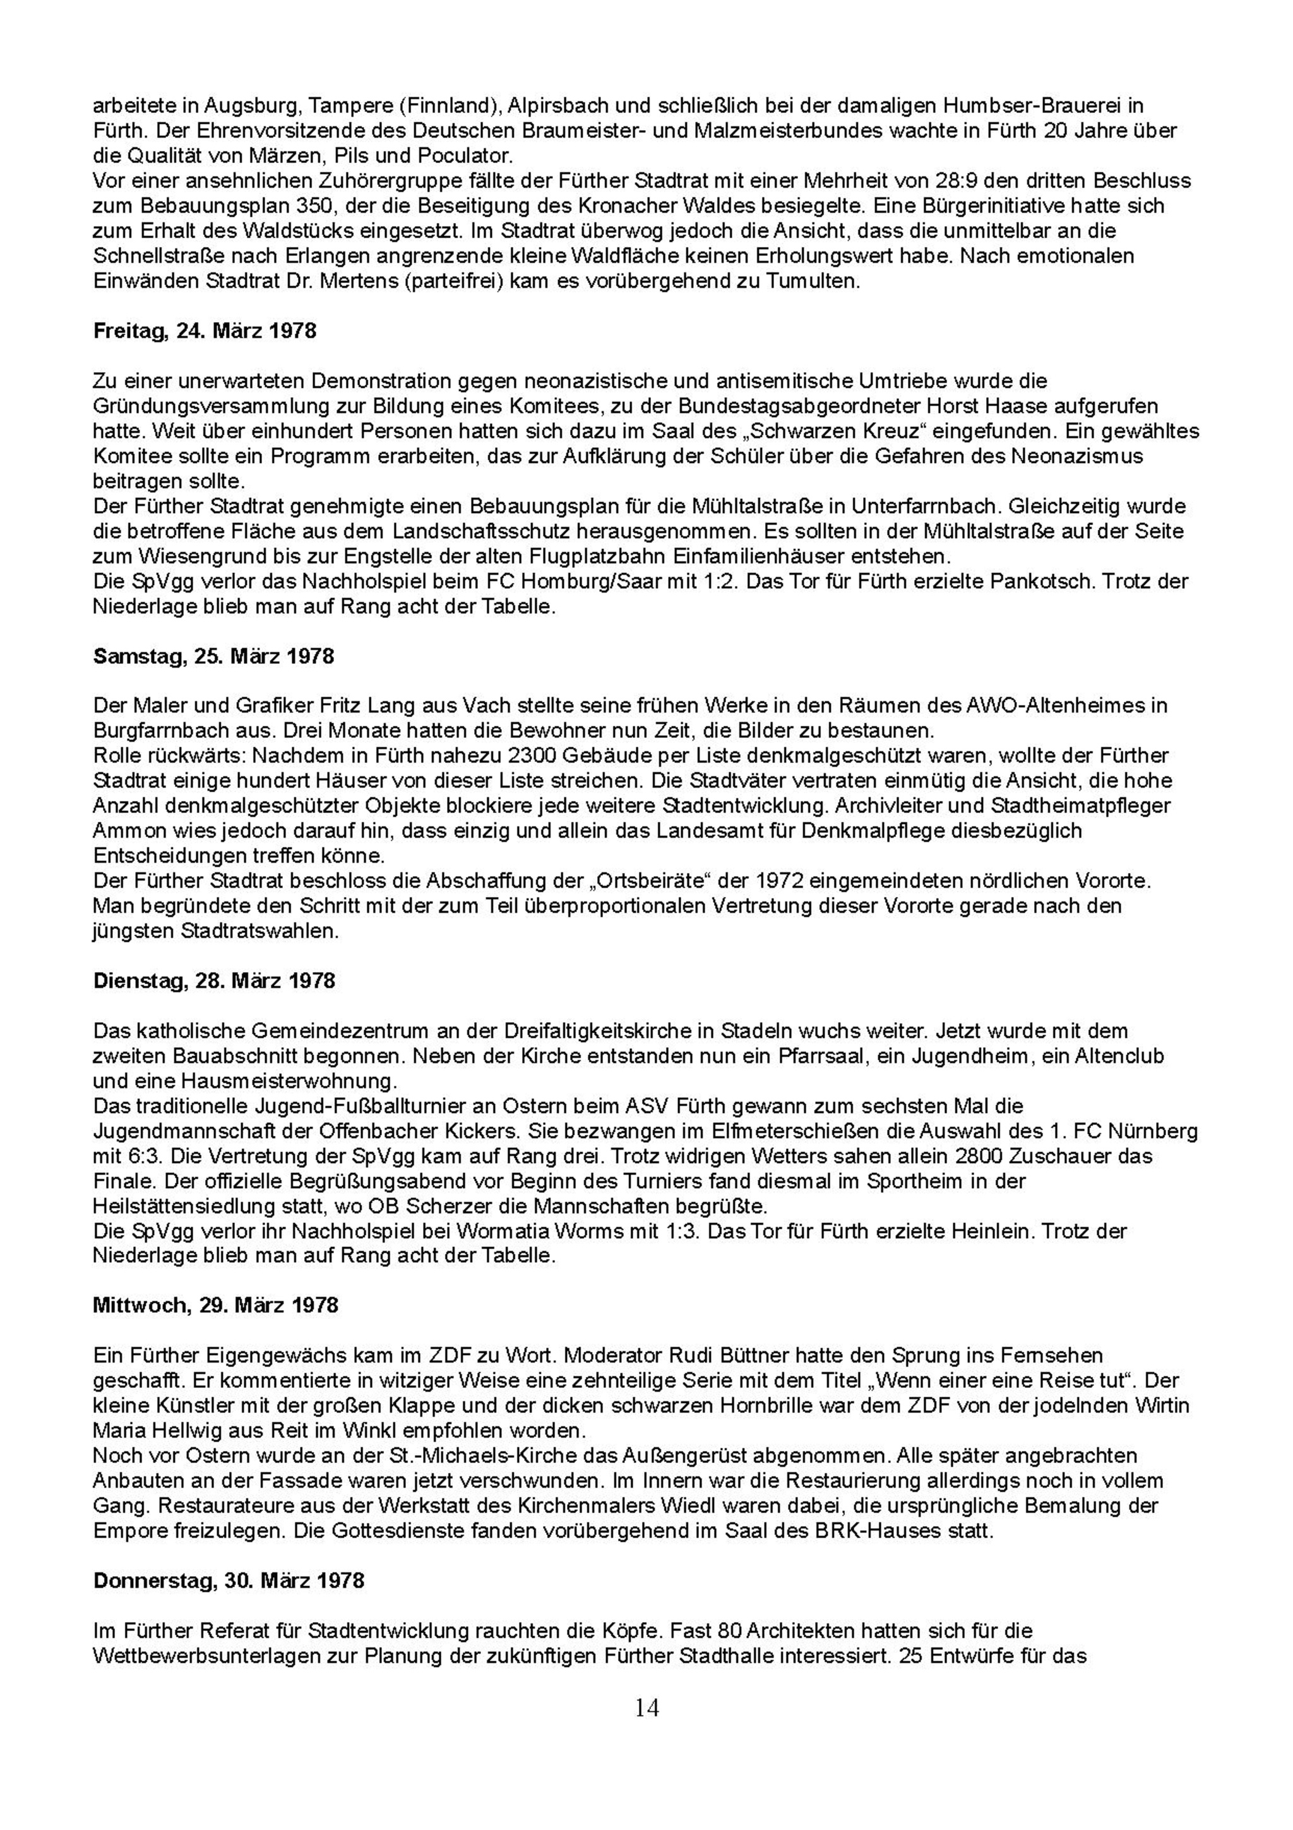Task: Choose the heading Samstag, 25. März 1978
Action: tap(213, 657)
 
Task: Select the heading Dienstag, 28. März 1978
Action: tap(214, 980)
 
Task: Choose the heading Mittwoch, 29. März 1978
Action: tap(215, 1306)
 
